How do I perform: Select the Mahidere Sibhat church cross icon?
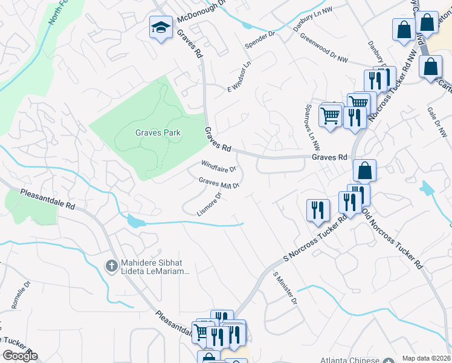[111, 266]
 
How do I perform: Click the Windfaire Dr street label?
[219, 165]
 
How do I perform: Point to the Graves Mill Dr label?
[219, 182]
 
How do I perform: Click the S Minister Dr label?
[285, 288]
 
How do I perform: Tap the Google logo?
[20, 356]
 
